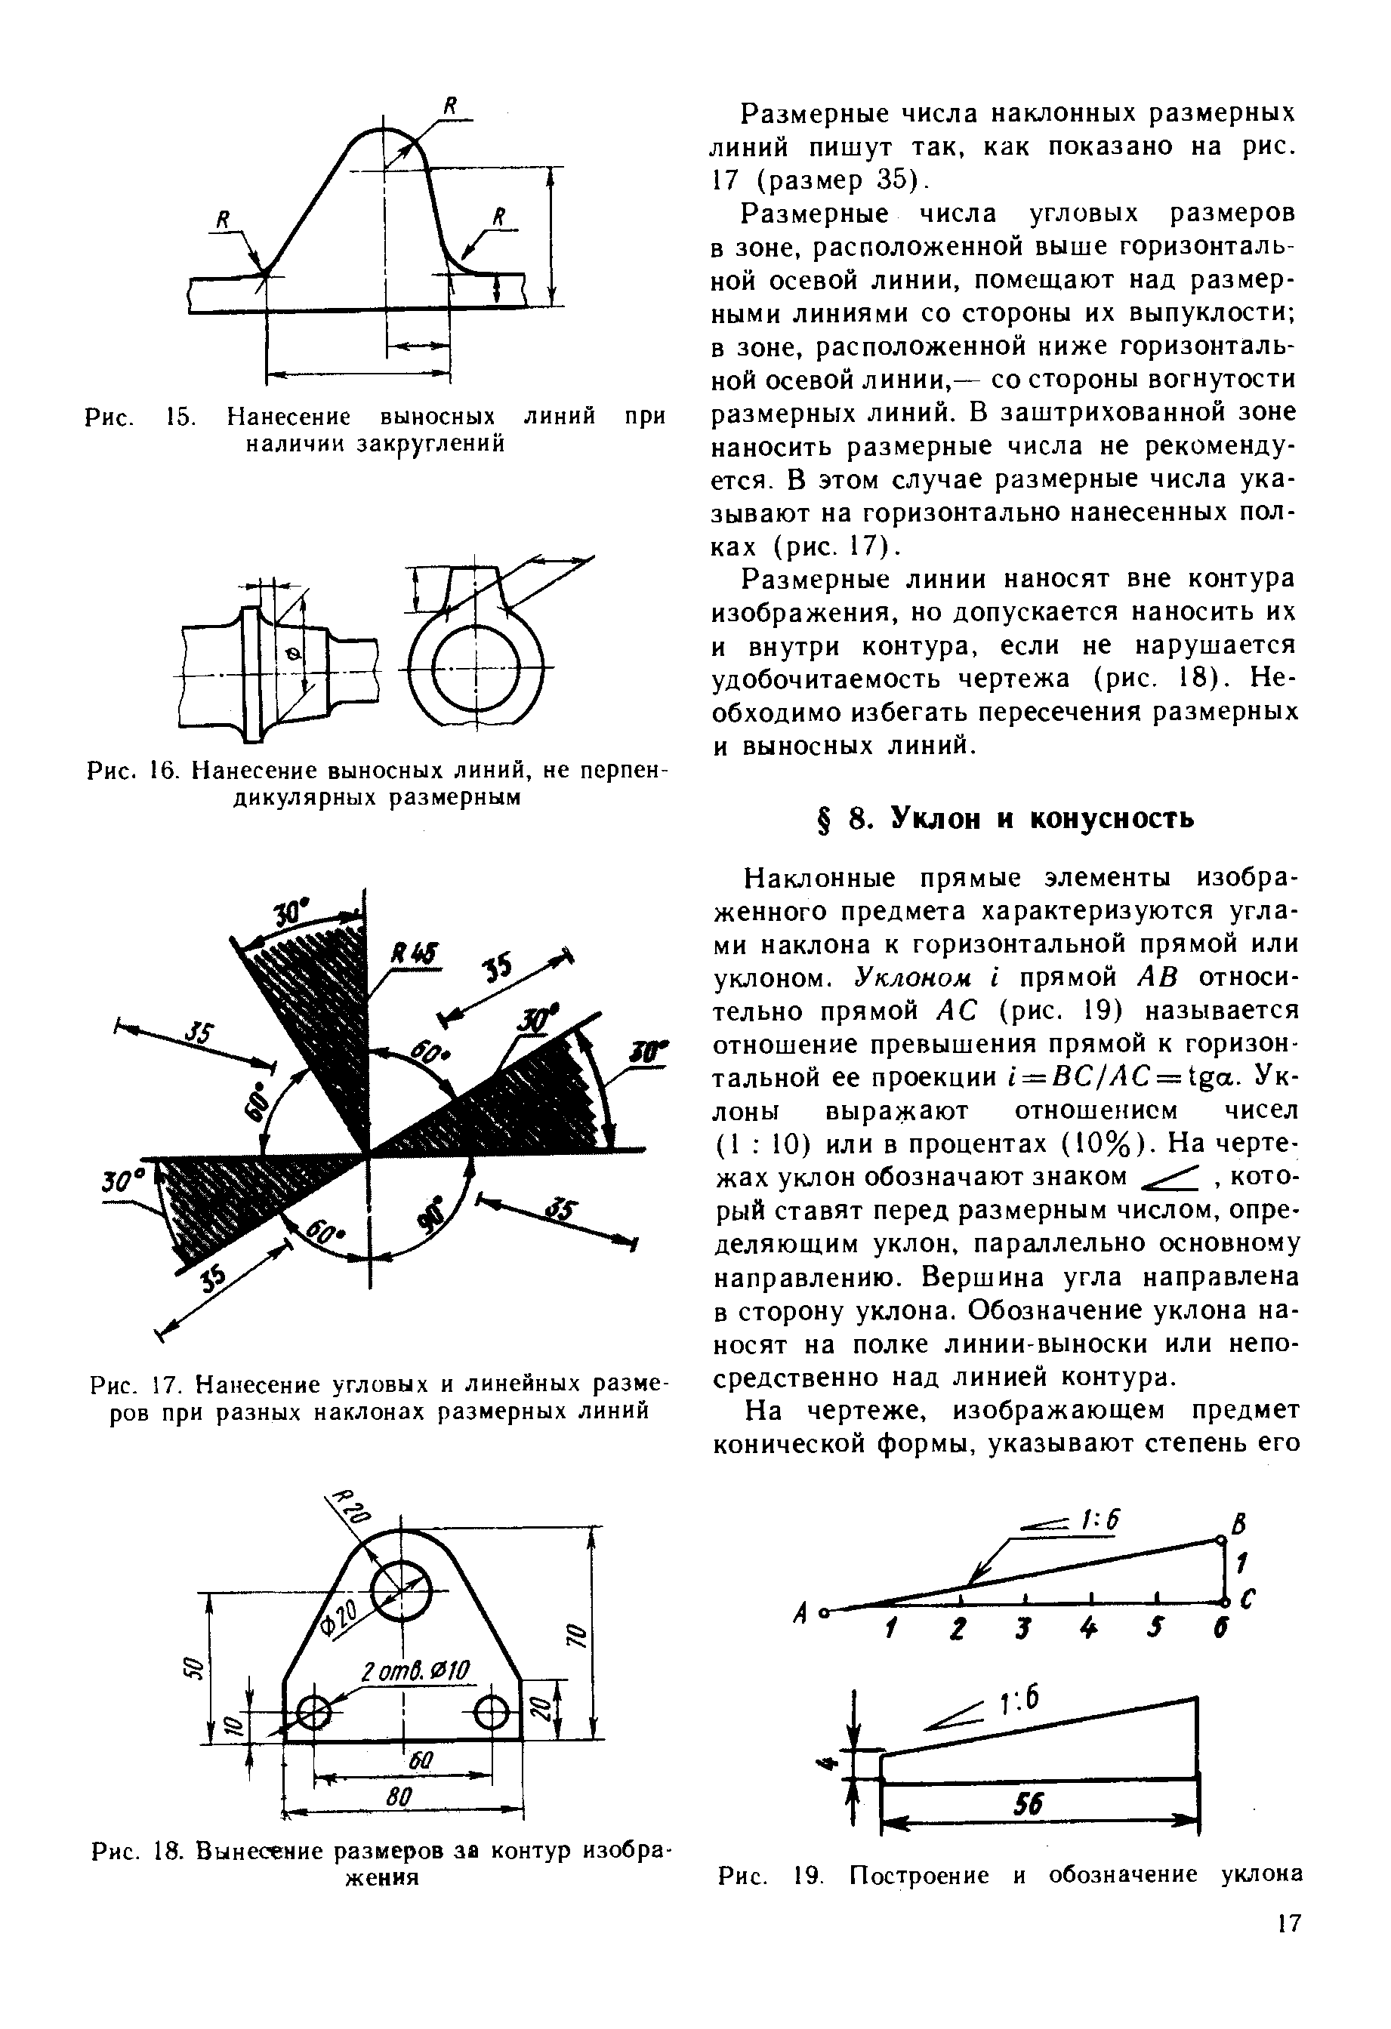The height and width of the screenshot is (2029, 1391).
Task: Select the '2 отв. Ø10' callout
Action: click(x=415, y=1670)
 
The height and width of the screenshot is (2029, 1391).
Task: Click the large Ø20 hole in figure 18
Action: click(x=402, y=1590)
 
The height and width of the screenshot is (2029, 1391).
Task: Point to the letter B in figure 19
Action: click(x=1238, y=1526)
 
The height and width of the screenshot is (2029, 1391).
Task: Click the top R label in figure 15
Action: click(x=452, y=106)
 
